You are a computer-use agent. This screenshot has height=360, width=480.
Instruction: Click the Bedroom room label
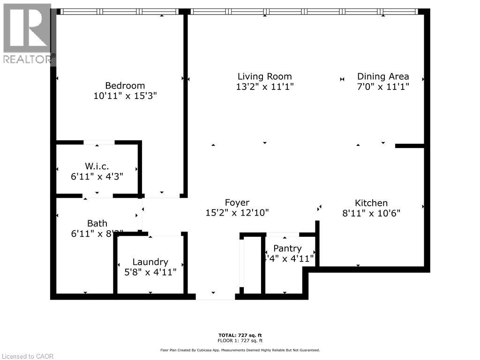point(125,85)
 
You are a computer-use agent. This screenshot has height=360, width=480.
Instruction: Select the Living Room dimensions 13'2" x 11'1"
point(265,87)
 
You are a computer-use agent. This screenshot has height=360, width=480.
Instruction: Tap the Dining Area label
point(383,76)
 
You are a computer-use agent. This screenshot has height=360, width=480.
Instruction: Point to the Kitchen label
point(371,202)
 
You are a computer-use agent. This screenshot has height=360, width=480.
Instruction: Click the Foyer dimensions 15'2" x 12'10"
point(237,212)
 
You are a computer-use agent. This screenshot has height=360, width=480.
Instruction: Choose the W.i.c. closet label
point(97,166)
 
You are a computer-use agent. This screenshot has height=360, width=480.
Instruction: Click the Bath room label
point(97,223)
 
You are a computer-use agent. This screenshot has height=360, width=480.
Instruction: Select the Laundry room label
point(150,262)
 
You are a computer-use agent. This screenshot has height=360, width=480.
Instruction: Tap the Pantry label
point(287,248)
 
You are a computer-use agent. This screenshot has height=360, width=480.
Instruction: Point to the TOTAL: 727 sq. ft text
point(240,335)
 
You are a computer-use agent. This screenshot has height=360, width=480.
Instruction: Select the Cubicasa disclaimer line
point(240,350)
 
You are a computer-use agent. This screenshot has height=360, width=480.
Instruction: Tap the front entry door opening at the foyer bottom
point(215,296)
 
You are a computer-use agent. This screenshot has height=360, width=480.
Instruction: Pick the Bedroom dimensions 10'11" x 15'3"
point(125,96)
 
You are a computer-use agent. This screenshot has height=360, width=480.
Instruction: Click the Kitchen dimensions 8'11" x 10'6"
point(371,213)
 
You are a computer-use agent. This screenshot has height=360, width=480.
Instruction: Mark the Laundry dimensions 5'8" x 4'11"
point(150,272)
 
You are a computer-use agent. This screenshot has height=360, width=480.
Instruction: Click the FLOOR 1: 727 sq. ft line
point(240,340)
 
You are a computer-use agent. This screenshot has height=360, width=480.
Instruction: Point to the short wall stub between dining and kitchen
point(410,146)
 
